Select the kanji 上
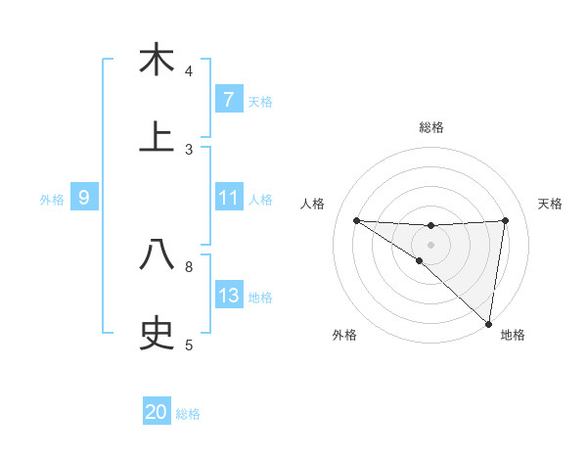[x=157, y=138]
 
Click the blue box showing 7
[x=228, y=99]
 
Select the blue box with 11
[x=228, y=198]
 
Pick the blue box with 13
[x=228, y=296]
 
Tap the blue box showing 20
[x=157, y=412]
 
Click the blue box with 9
[x=84, y=198]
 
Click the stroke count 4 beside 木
[x=189, y=71]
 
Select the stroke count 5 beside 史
[x=189, y=345]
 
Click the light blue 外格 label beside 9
[x=52, y=199]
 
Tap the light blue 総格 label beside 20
[x=189, y=414]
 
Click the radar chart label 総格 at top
[x=431, y=127]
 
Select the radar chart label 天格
[x=551, y=204]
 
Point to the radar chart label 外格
[x=344, y=335]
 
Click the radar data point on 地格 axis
[x=488, y=323]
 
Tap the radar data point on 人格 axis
[x=356, y=220]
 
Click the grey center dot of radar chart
[x=431, y=244]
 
